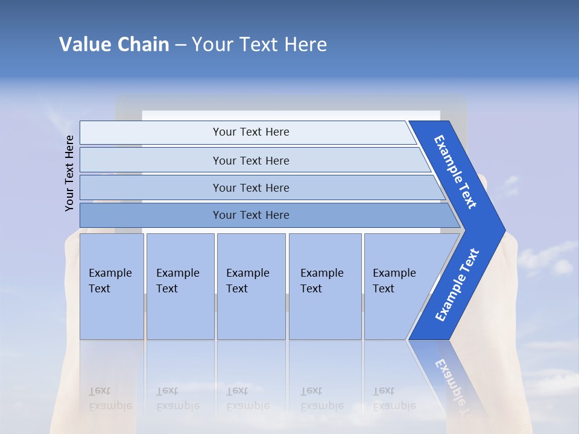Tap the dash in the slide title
[x=180, y=45]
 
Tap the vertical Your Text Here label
[x=69, y=173]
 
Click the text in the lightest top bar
[x=251, y=132]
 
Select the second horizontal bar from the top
[x=251, y=160]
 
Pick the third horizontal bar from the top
[x=251, y=187]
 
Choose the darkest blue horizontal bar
[x=251, y=215]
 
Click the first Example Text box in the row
[x=112, y=286]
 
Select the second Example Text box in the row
[x=180, y=286]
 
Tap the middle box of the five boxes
[x=251, y=286]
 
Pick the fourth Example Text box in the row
[x=324, y=286]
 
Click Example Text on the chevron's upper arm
[x=455, y=172]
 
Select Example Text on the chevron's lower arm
[x=457, y=285]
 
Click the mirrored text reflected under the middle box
[x=247, y=398]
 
